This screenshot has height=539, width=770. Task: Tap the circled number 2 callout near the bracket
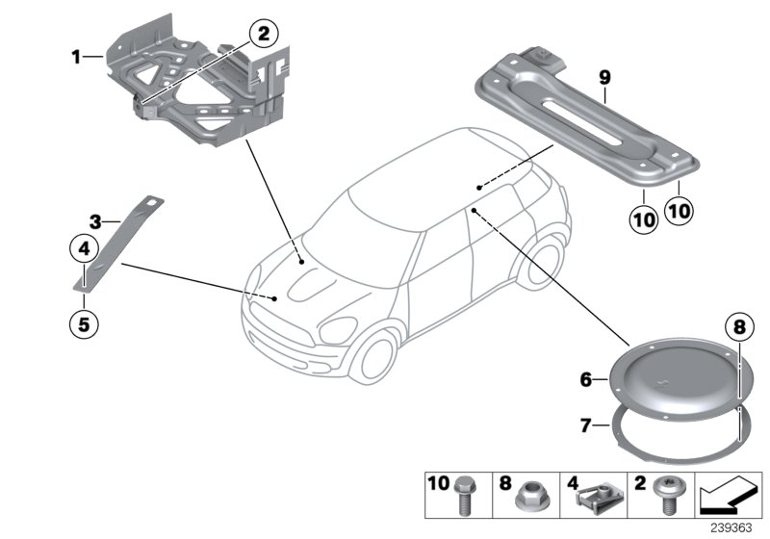coord(264,35)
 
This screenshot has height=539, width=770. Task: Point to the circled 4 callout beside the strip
coord(84,249)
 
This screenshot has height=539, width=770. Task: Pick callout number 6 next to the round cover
coord(584,380)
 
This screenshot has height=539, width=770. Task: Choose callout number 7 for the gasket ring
coord(584,424)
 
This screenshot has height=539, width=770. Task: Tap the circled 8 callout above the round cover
coord(738,326)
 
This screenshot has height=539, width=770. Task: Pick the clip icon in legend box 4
coord(595,497)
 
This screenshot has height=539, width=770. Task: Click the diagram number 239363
coord(734,527)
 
